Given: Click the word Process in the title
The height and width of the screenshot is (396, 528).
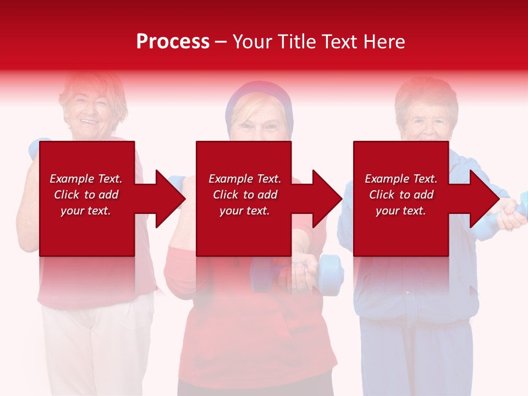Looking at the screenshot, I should click(x=173, y=42).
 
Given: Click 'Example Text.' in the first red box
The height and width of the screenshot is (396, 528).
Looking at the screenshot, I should click(x=86, y=179).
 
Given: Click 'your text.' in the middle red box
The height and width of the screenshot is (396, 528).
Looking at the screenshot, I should click(x=244, y=211).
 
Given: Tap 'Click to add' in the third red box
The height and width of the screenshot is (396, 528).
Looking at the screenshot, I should click(x=401, y=195).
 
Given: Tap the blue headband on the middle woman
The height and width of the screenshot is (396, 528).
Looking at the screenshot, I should click(x=258, y=94).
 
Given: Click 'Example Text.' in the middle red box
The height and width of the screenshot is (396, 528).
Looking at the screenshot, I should click(x=244, y=179).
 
